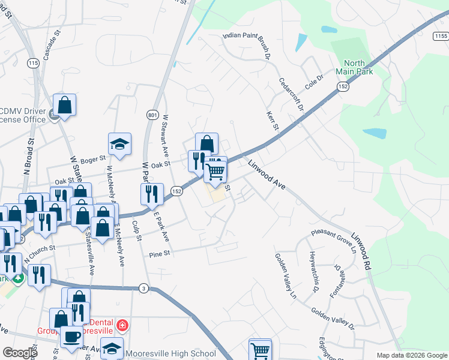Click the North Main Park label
(358, 67)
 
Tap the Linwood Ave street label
(266, 175)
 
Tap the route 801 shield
(152, 115)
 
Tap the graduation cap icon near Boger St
(119, 144)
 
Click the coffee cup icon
(71, 337)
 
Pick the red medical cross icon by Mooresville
(122, 325)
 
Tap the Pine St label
(160, 254)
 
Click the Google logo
(20, 353)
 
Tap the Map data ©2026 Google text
(412, 355)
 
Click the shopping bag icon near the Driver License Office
(64, 105)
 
